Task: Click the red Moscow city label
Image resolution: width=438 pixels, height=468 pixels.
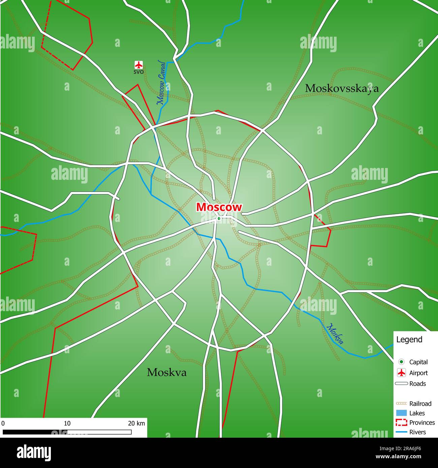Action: point(219,207)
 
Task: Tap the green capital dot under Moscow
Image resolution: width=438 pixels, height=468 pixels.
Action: point(219,219)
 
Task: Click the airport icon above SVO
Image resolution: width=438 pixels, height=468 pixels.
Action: point(139,65)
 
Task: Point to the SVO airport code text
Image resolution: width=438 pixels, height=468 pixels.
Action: point(139,72)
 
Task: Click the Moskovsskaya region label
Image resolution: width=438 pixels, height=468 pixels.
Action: point(342,89)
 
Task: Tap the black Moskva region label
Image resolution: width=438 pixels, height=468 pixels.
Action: point(166,372)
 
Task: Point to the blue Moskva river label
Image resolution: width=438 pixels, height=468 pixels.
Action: point(336,334)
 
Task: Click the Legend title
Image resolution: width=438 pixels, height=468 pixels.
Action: point(409,339)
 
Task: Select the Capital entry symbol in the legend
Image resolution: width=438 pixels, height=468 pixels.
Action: point(401,362)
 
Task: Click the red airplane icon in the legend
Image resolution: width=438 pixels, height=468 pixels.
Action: point(401,373)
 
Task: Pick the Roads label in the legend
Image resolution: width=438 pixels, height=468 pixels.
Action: point(417,383)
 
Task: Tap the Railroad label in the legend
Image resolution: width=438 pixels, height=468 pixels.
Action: point(420,403)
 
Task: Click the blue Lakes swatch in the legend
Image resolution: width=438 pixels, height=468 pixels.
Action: point(401,413)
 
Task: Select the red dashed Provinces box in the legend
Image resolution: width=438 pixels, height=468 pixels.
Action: point(401,423)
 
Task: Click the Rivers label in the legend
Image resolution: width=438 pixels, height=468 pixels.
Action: point(417,432)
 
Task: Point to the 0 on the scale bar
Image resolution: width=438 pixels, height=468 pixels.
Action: point(3,423)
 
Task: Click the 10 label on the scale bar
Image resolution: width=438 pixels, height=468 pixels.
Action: point(67,423)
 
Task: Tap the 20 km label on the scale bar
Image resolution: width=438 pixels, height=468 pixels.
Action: point(136,423)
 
